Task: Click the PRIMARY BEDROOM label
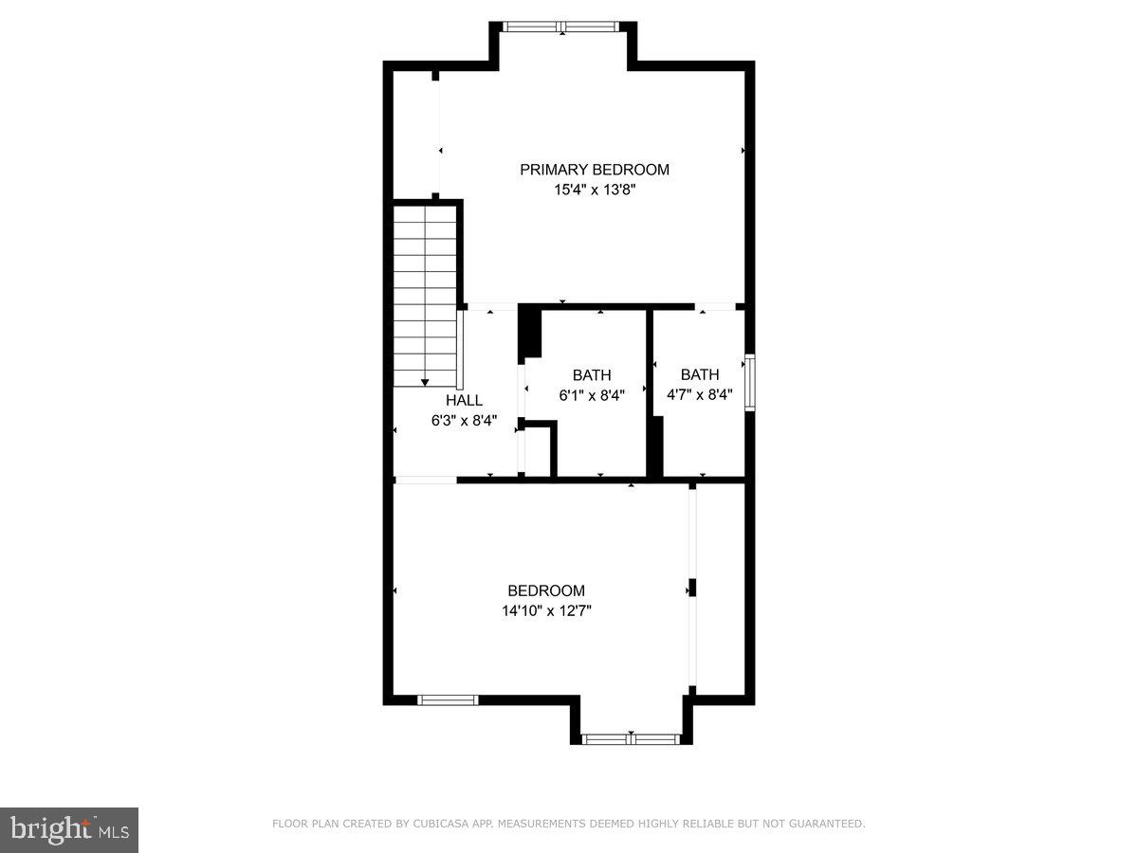[594, 170]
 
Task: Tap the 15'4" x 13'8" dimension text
[594, 190]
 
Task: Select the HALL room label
[464, 400]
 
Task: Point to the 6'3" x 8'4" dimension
[464, 420]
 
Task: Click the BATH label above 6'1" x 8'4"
[592, 375]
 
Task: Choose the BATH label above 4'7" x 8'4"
[700, 374]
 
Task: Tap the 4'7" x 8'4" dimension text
[700, 394]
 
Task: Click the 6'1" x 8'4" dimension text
[592, 395]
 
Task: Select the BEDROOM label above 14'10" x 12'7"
[546, 590]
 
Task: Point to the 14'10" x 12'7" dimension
[546, 611]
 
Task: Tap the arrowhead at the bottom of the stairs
[425, 379]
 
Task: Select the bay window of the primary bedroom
[562, 27]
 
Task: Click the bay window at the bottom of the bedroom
[631, 738]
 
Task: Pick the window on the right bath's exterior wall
[749, 382]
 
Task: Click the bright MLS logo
[69, 830]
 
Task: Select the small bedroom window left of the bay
[448, 700]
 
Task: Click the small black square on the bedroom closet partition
[692, 588]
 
